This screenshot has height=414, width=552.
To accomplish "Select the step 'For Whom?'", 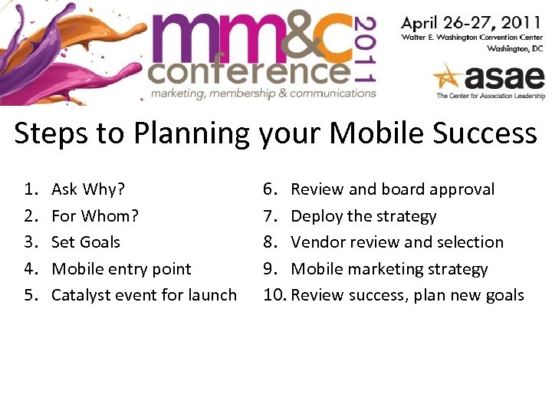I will (94, 216).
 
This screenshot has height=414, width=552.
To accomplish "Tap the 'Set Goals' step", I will (85, 242).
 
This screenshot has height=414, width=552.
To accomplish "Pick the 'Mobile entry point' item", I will (120, 269).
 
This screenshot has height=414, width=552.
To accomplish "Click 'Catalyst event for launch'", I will (143, 295).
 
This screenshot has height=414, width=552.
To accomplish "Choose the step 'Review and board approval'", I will (393, 189).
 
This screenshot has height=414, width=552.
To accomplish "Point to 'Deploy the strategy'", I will (363, 216).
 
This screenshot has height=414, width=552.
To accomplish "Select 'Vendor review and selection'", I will (397, 242).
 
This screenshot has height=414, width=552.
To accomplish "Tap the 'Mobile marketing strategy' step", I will (389, 269).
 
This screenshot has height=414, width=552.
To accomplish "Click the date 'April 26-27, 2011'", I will (472, 22).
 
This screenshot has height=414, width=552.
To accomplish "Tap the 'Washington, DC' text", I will (516, 48).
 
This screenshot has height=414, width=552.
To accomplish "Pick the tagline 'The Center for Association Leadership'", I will (490, 96).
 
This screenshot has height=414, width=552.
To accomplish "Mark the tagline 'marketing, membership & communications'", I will (263, 94).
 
